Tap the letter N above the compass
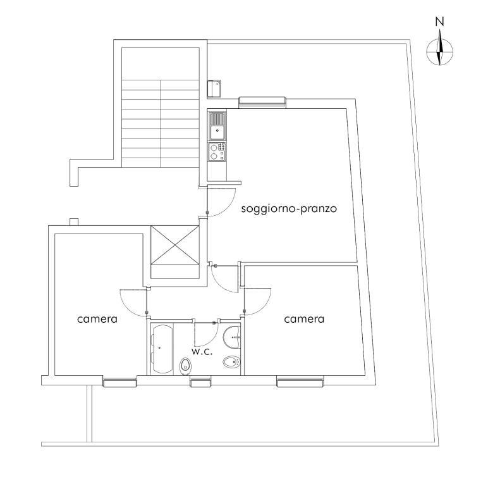pyautogui.click(x=440, y=22)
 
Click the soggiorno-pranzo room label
pyautogui.click(x=289, y=209)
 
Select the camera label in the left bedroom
pyautogui.click(x=97, y=319)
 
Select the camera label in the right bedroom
pyautogui.click(x=304, y=319)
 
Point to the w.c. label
pyautogui.click(x=202, y=352)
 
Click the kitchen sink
pyautogui.click(x=217, y=126)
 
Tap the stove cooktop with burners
pyautogui.click(x=217, y=152)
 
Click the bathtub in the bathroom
pyautogui.click(x=162, y=349)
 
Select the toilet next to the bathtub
pyautogui.click(x=185, y=366)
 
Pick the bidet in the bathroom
pyautogui.click(x=231, y=362)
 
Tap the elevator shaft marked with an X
pyautogui.click(x=174, y=246)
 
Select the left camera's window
pyautogui.click(x=119, y=382)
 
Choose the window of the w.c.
pyautogui.click(x=200, y=382)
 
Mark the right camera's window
pyautogui.click(x=300, y=382)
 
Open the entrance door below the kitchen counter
pyautogui.click(x=221, y=202)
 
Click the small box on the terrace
pyautogui.click(x=214, y=89)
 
